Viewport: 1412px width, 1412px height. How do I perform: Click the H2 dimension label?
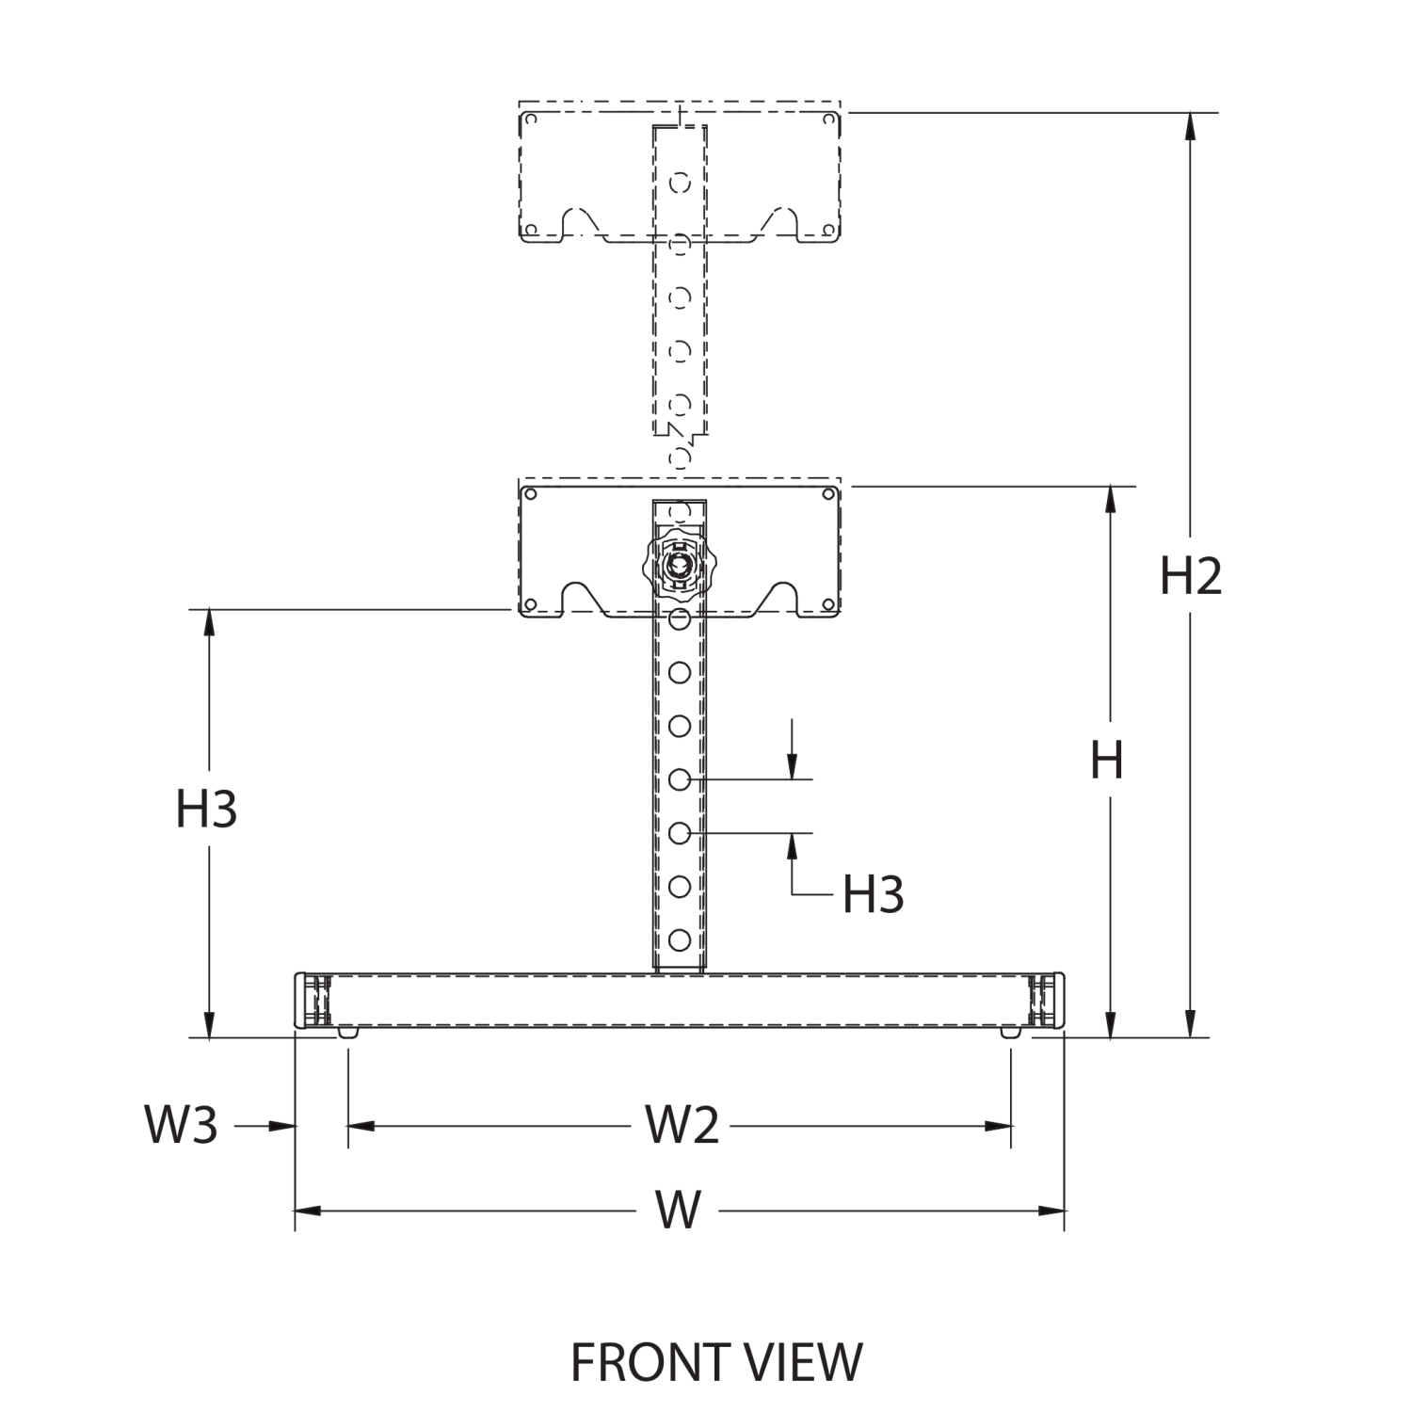[1190, 576]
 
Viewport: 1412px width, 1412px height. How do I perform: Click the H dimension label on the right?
[1107, 761]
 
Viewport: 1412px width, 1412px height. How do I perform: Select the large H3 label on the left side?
[206, 809]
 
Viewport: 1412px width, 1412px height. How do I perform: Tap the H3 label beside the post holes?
[873, 894]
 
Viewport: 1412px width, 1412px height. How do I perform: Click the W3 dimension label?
[181, 1125]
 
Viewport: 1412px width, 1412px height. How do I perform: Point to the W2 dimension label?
[682, 1125]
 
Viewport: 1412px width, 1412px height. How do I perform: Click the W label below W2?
[679, 1211]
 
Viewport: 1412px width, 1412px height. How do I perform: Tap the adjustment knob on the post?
[679, 565]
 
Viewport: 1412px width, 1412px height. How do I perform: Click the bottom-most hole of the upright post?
[679, 939]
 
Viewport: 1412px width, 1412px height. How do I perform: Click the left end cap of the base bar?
[312, 1001]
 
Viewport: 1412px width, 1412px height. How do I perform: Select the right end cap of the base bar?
[1048, 1001]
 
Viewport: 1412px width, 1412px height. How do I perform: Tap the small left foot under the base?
[348, 1033]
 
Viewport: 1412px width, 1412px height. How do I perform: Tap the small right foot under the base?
[1010, 1033]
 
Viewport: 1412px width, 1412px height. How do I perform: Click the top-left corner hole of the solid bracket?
[530, 494]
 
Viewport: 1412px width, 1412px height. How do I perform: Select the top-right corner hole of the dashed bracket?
[828, 120]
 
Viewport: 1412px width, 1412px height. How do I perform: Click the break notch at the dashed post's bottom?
[680, 434]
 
